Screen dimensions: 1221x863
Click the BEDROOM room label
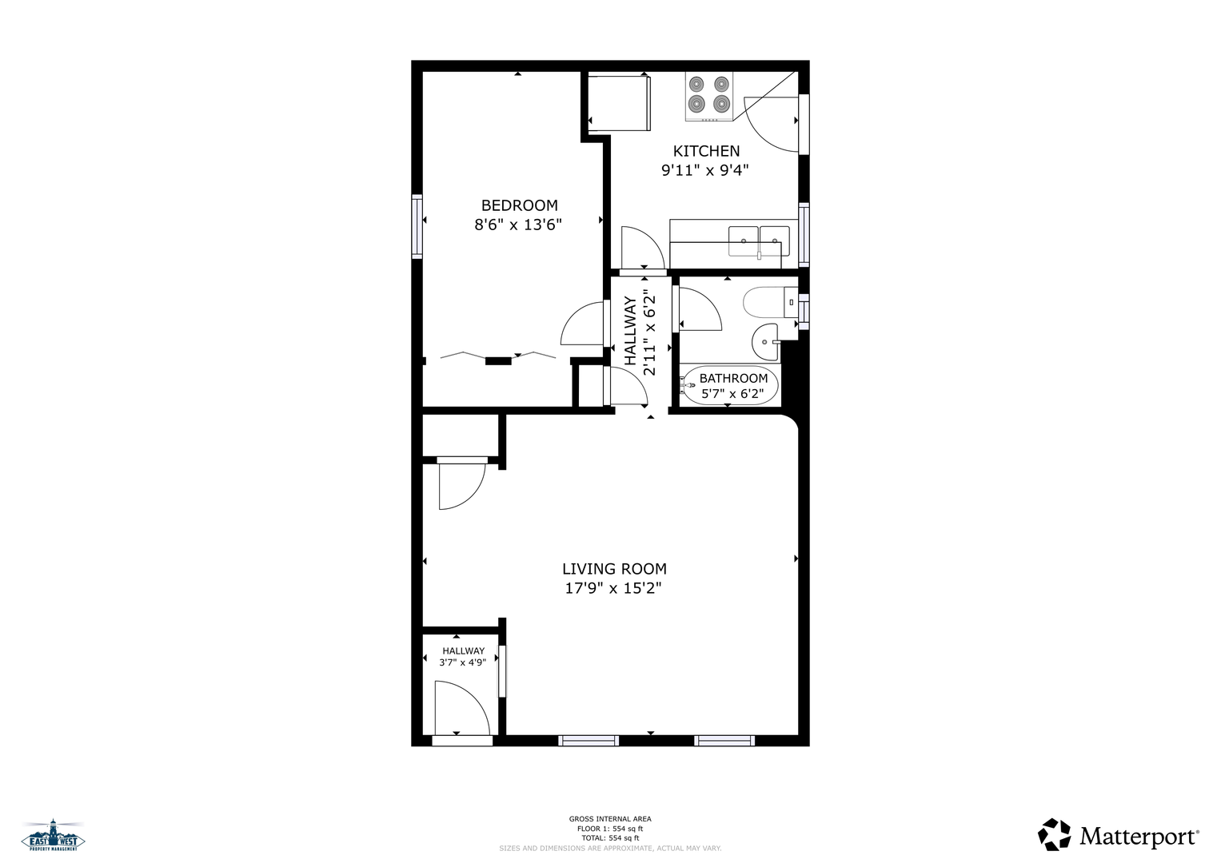click(x=519, y=205)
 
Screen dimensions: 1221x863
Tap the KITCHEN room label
click(x=706, y=151)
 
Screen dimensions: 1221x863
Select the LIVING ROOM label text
click(x=614, y=569)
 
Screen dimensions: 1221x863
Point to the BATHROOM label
click(x=733, y=378)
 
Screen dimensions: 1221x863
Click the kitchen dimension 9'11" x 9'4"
click(x=704, y=170)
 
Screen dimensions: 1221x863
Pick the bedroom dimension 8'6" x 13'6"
click(x=518, y=225)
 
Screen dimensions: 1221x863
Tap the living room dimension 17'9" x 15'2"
click(x=613, y=588)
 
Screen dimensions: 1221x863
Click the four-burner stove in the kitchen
click(x=708, y=97)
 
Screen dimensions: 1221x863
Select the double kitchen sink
click(x=759, y=241)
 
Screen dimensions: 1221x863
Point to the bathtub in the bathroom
click(x=730, y=386)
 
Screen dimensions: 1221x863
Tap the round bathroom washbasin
click(x=766, y=342)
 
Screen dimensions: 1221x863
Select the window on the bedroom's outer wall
click(x=417, y=226)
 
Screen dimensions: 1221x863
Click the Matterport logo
click(x=1118, y=835)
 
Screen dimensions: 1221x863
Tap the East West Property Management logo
click(x=53, y=835)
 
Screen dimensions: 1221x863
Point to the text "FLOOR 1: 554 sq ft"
click(x=610, y=829)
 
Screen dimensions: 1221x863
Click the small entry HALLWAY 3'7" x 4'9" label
click(x=463, y=657)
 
